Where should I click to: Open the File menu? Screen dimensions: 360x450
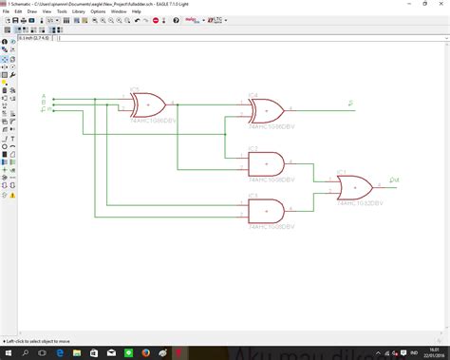6,11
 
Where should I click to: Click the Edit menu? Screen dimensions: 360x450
19,11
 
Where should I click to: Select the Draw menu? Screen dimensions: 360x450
33,11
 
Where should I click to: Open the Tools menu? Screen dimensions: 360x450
63,11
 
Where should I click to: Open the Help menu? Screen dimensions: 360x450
159,11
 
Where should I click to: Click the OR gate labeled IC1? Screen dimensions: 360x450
355,187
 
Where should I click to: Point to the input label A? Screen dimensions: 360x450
44,96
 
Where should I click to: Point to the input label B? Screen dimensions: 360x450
44,103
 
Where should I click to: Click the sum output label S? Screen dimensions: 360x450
352,103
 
